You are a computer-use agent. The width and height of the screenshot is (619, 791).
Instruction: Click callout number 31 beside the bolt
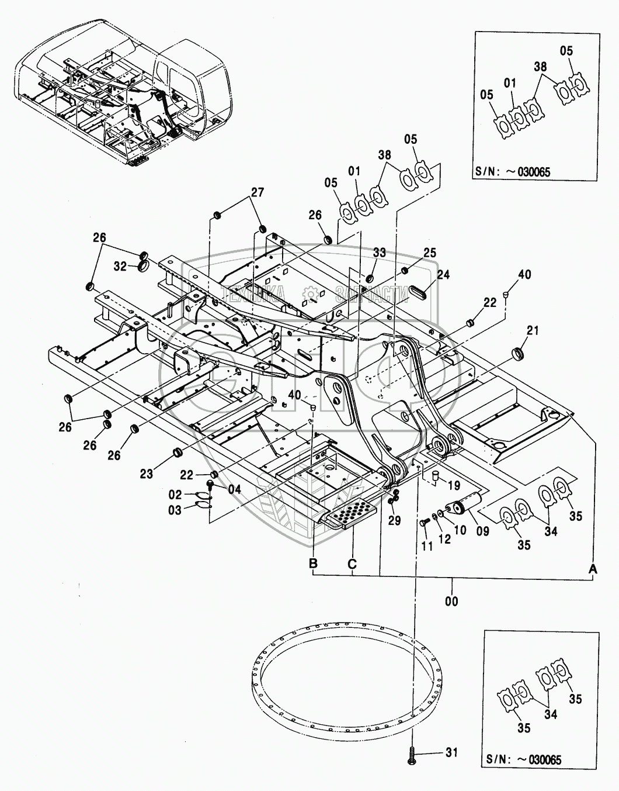(x=451, y=752)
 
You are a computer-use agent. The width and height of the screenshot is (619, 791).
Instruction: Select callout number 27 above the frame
(x=258, y=192)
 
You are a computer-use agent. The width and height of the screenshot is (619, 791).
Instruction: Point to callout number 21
(x=532, y=331)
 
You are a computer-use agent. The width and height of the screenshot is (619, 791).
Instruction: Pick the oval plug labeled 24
(x=422, y=291)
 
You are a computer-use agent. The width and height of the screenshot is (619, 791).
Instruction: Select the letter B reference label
(x=314, y=564)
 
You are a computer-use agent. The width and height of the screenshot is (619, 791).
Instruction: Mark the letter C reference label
(x=352, y=564)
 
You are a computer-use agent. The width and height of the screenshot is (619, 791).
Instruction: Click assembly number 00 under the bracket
(x=452, y=601)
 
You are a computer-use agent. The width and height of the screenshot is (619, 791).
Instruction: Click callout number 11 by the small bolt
(x=427, y=545)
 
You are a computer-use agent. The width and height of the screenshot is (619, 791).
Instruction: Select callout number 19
(x=454, y=485)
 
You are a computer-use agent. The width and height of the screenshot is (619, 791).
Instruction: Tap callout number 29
(x=395, y=520)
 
